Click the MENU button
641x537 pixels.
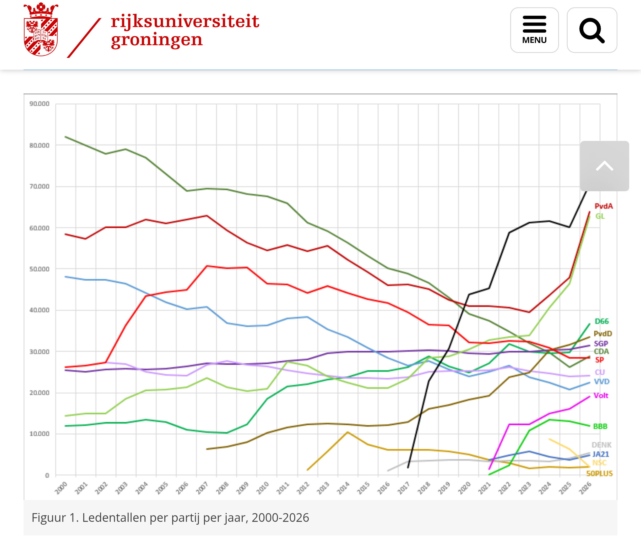(534, 30)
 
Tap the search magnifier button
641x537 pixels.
(591, 30)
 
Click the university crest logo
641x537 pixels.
(41, 30)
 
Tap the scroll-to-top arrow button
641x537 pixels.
(604, 166)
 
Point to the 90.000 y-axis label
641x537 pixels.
(39, 104)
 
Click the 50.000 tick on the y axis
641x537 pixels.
(39, 269)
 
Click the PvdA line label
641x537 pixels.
(604, 206)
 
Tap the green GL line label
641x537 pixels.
(600, 216)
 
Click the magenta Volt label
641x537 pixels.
(601, 396)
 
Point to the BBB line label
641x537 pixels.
(600, 426)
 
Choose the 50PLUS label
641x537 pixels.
(599, 474)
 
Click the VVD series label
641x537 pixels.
(601, 382)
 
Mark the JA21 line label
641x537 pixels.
(600, 454)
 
